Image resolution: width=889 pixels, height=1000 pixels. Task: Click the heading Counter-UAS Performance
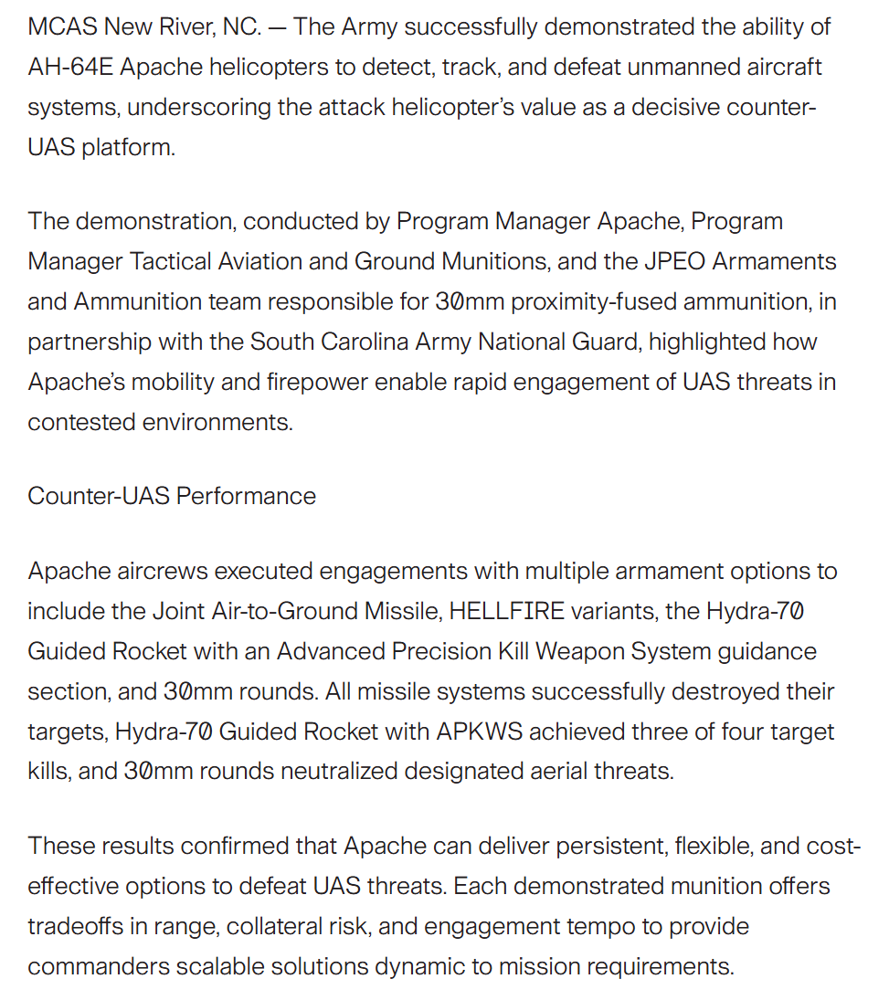tap(172, 496)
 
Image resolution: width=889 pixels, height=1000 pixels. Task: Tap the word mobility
tap(168, 383)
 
